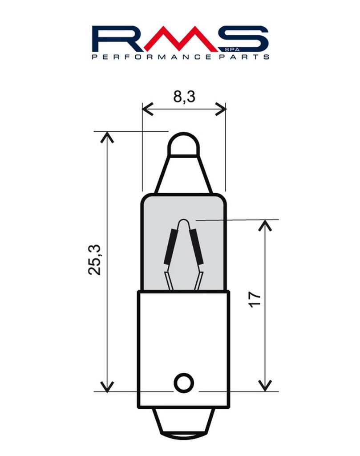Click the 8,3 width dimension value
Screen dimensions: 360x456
(x=184, y=97)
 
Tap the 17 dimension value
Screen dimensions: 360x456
(x=255, y=299)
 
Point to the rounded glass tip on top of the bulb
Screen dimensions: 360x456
(x=184, y=144)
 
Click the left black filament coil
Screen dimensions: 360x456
(x=170, y=246)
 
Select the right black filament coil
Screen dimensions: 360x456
(x=196, y=246)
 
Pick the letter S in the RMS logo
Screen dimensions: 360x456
(x=243, y=38)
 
